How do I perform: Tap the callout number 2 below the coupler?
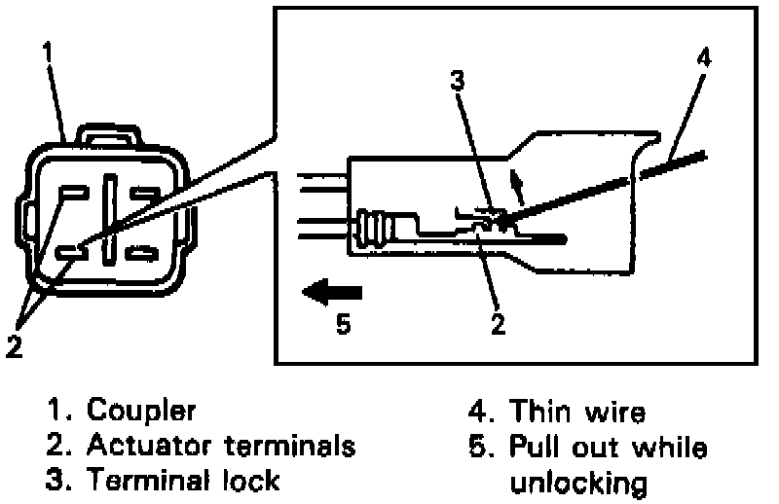pos(13,345)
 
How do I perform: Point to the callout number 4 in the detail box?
pos(704,55)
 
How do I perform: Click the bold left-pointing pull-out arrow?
pos(330,290)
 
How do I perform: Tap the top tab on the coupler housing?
pos(111,132)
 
